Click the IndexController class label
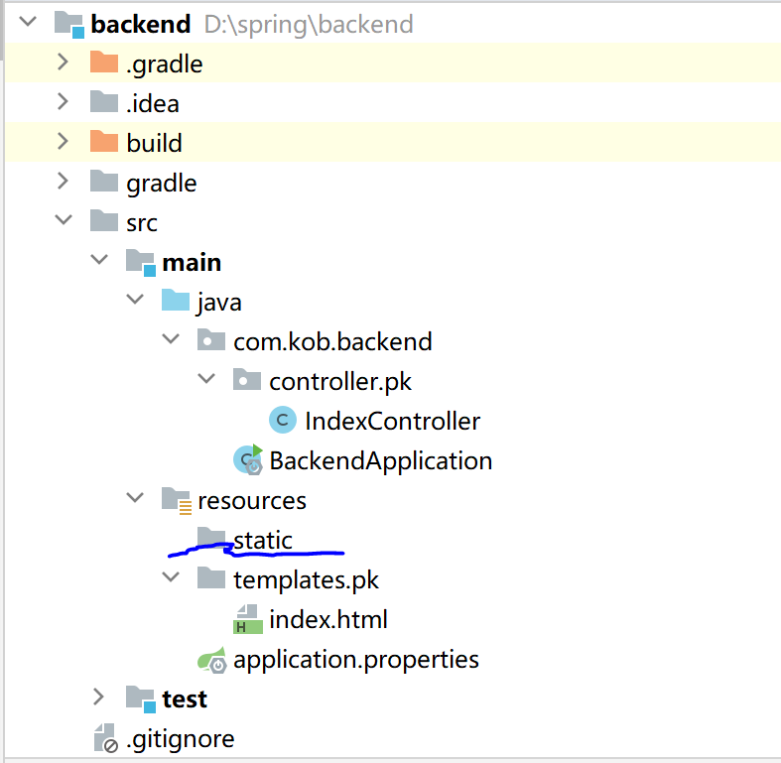point(392,421)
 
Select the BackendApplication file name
point(380,460)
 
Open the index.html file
point(327,620)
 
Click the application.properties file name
point(355,659)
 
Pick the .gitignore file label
point(180,738)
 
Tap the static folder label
point(263,540)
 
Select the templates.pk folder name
point(306,579)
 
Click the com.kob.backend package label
point(332,341)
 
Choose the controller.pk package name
point(340,381)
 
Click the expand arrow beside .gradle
point(63,63)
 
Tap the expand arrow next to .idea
point(63,102)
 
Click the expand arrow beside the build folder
point(63,142)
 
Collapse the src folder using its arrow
point(63,221)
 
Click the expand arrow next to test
point(98,698)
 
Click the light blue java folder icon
point(175,301)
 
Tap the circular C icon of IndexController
point(283,421)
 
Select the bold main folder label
point(192,262)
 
